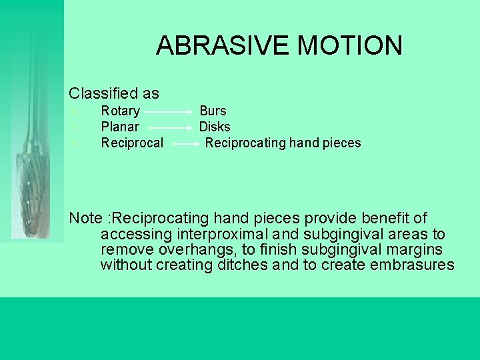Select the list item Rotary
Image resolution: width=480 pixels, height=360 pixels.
[120, 111]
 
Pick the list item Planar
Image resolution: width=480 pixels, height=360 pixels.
[120, 127]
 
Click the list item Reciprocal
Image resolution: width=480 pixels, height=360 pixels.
[132, 143]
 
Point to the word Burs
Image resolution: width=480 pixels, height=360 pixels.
[213, 111]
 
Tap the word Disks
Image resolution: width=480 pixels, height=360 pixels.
[215, 127]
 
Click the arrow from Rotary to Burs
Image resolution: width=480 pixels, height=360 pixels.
[169, 112]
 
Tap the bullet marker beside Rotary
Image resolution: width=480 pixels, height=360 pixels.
[75, 111]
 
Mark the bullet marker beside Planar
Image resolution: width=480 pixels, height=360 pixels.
[75, 127]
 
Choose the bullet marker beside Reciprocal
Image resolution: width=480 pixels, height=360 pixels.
[75, 143]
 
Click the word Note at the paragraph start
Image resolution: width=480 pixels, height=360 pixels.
[85, 218]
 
